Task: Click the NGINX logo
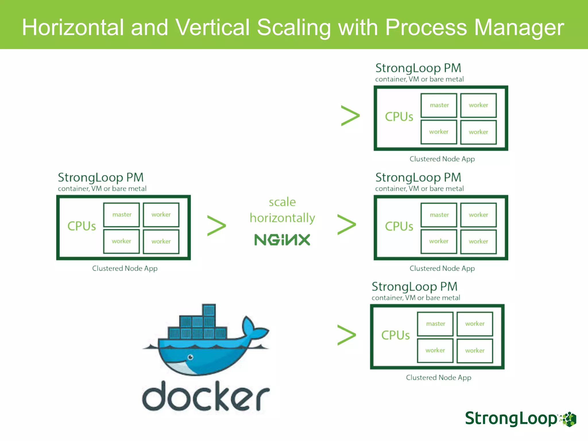pos(282,240)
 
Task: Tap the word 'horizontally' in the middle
pos(282,218)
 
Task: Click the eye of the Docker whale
pos(190,357)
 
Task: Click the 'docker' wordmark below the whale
pos(206,396)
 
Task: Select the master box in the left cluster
pos(122,215)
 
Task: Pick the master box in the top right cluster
pos(439,105)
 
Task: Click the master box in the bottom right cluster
pos(435,324)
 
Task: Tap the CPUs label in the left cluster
pos(82,226)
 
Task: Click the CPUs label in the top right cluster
pos(399,117)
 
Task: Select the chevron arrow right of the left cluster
pos(216,226)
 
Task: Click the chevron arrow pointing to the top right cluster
pos(350,116)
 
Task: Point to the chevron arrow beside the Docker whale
pos(347,335)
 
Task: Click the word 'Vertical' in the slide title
pos(212,28)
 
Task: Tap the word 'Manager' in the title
pos(519,28)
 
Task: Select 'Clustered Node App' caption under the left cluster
pos(125,268)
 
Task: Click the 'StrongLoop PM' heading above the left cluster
pos(100,177)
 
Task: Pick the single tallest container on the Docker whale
pos(209,311)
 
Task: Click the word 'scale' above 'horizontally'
pos(282,202)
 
